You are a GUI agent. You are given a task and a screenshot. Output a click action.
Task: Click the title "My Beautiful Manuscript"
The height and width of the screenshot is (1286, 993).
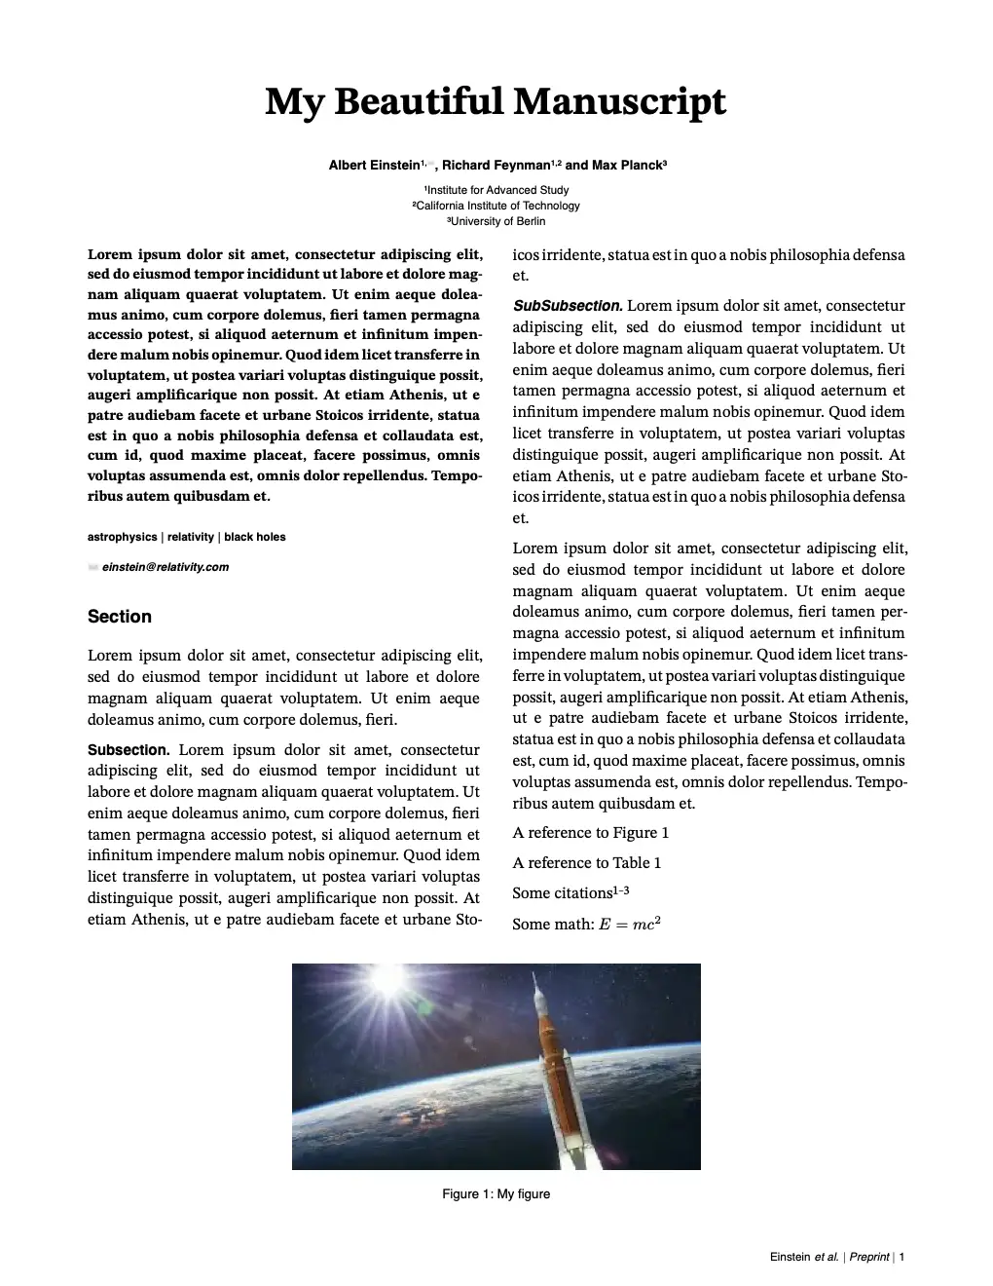click(x=496, y=102)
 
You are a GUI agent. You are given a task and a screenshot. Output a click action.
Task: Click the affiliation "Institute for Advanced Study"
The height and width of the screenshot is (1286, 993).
click(x=496, y=190)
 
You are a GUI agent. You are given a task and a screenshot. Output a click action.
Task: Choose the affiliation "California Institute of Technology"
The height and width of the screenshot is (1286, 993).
click(x=496, y=206)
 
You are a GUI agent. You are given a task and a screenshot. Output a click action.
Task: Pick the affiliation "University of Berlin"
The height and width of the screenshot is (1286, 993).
click(x=496, y=221)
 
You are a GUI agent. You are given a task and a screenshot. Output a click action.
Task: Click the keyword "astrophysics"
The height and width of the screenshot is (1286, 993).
click(x=122, y=537)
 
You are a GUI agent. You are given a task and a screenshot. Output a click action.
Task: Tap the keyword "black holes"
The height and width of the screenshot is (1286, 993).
click(x=255, y=537)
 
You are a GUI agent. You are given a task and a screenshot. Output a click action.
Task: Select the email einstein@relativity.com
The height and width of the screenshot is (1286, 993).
click(x=165, y=567)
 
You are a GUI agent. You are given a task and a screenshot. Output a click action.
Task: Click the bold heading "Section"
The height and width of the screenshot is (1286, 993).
click(x=120, y=617)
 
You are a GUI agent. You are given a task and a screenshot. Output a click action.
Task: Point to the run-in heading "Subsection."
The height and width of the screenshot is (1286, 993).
click(x=129, y=750)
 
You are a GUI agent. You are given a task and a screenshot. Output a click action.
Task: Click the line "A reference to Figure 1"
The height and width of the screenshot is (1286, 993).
click(x=591, y=833)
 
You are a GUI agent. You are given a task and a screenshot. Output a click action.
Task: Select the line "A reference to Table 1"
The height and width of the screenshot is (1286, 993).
click(x=587, y=863)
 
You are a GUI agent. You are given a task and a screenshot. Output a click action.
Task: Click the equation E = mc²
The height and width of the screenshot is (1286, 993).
click(x=630, y=924)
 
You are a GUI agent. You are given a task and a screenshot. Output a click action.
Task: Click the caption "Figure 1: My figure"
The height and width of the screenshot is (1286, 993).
click(x=496, y=1194)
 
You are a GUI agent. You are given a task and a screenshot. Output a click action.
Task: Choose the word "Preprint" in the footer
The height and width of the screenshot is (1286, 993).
click(x=869, y=1257)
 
